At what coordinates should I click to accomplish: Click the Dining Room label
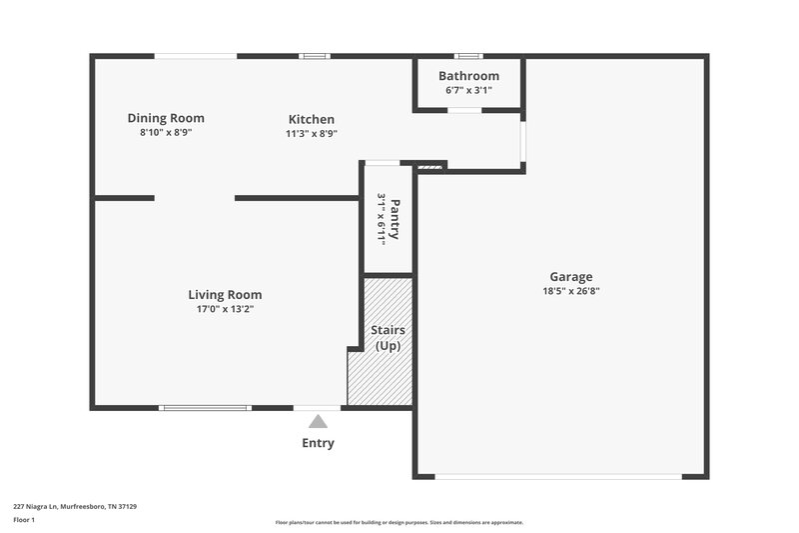click(166, 118)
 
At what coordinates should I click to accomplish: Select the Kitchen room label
click(312, 120)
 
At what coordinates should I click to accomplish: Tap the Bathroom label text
click(468, 76)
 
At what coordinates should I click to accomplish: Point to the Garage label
click(570, 277)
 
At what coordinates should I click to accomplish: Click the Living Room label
click(225, 295)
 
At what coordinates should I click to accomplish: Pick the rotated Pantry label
click(395, 219)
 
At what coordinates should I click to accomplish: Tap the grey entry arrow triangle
click(318, 422)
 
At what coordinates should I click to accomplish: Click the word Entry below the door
click(318, 443)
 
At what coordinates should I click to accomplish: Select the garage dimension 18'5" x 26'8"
click(570, 292)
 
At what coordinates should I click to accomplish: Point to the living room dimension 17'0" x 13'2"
click(225, 309)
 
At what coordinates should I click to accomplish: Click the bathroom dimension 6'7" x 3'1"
click(468, 90)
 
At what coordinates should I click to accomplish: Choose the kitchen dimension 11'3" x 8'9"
click(312, 133)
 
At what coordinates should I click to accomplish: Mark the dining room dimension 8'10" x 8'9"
click(166, 132)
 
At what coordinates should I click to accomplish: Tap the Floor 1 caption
click(23, 520)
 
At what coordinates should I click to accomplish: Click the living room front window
click(205, 407)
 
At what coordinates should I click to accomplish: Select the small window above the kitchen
click(315, 56)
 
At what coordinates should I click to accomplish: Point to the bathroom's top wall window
click(468, 56)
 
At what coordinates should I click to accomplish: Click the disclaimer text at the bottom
click(399, 522)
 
